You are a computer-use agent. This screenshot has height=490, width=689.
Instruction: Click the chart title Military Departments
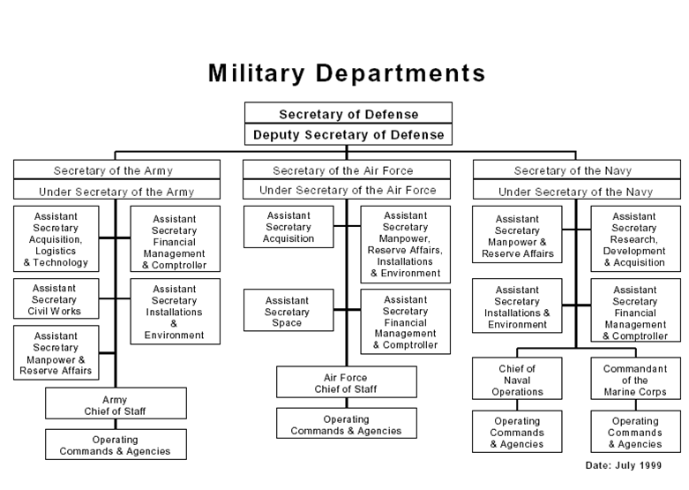click(x=347, y=72)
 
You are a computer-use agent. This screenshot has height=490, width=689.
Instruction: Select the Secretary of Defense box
click(x=348, y=114)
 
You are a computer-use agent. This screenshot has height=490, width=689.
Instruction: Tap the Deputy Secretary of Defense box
click(x=348, y=135)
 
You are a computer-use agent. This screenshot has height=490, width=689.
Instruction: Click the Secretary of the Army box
click(x=116, y=170)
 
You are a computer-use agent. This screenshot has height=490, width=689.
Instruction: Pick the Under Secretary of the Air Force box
click(x=347, y=190)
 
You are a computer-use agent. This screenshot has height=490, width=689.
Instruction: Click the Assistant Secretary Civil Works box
click(x=56, y=299)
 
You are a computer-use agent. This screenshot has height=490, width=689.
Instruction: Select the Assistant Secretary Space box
click(x=288, y=312)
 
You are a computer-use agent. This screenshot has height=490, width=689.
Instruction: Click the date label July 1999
click(x=622, y=464)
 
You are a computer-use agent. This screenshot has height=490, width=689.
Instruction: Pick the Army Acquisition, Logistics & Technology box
click(x=56, y=238)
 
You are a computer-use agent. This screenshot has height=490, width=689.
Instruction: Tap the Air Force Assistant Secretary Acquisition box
click(x=288, y=227)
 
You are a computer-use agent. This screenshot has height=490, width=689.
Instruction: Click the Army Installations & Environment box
click(x=175, y=312)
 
